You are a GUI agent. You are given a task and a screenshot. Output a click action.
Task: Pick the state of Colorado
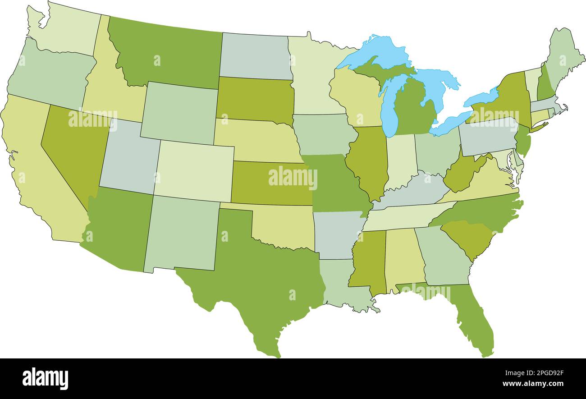194,171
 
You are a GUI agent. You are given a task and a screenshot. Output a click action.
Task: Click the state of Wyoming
180,113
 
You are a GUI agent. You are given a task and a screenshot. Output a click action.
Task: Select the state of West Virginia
462,176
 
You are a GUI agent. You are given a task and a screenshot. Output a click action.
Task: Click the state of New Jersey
523,140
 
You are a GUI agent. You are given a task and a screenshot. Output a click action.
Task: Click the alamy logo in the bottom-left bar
45,378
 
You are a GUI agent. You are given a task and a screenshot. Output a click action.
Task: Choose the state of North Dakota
255,56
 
